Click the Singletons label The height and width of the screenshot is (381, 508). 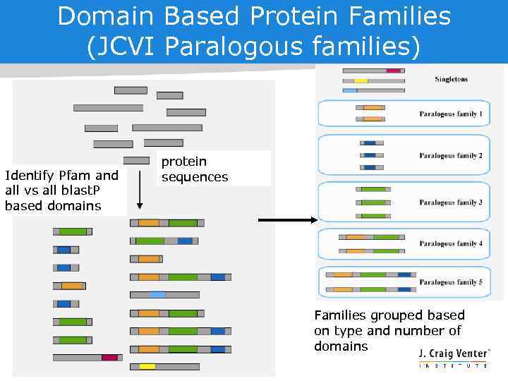click(x=451, y=79)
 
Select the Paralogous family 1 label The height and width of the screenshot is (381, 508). click(x=451, y=114)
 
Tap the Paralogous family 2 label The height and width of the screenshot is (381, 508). click(x=451, y=155)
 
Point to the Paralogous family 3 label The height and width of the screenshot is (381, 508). click(x=451, y=202)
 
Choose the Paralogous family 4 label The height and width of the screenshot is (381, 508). click(x=451, y=243)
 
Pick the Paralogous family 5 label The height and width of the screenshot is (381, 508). click(x=451, y=282)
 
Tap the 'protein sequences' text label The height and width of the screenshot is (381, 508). click(x=194, y=169)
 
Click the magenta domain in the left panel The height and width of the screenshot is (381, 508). click(x=109, y=358)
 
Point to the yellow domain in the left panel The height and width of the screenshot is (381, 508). click(x=147, y=366)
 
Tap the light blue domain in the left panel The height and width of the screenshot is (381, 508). click(x=157, y=294)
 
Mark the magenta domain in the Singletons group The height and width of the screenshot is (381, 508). click(x=393, y=71)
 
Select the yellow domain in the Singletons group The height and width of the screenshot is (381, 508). click(x=361, y=80)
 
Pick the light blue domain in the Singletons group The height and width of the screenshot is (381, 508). click(x=350, y=90)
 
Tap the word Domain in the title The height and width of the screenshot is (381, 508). click(x=106, y=16)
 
